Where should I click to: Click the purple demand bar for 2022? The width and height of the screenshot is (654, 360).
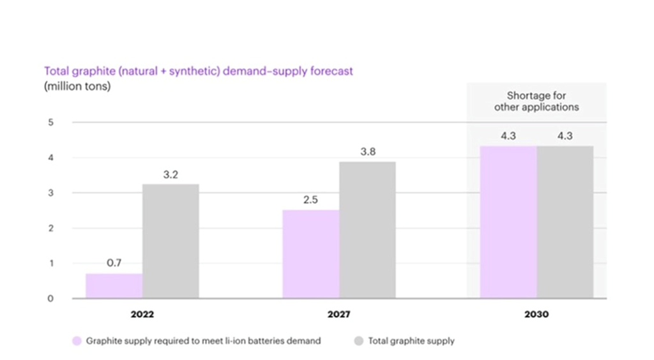click(x=114, y=286)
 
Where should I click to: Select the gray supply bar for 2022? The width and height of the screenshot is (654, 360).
click(x=171, y=241)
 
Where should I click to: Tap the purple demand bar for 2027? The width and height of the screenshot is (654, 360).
click(x=310, y=253)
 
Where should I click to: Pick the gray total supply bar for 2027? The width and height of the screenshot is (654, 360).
click(x=367, y=230)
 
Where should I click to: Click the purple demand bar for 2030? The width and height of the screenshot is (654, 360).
click(x=508, y=221)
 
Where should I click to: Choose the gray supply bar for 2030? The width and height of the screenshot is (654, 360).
click(x=565, y=221)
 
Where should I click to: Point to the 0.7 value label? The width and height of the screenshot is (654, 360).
click(x=114, y=263)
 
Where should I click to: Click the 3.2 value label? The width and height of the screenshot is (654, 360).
click(x=171, y=174)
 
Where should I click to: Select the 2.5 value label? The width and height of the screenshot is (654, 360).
click(x=310, y=199)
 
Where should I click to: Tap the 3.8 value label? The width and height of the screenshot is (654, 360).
click(x=367, y=152)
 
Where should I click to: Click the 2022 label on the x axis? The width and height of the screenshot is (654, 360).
click(x=142, y=315)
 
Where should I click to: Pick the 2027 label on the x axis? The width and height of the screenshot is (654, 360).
click(x=339, y=315)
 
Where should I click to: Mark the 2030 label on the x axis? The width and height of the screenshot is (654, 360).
click(x=536, y=315)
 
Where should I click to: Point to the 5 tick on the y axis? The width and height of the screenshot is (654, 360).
click(x=51, y=122)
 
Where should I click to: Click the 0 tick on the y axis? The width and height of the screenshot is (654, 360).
click(x=51, y=298)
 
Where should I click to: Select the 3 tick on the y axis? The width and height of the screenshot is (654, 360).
click(x=51, y=193)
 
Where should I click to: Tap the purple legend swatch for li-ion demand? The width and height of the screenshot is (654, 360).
click(x=77, y=341)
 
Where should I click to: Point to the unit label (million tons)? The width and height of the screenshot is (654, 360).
click(x=77, y=86)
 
